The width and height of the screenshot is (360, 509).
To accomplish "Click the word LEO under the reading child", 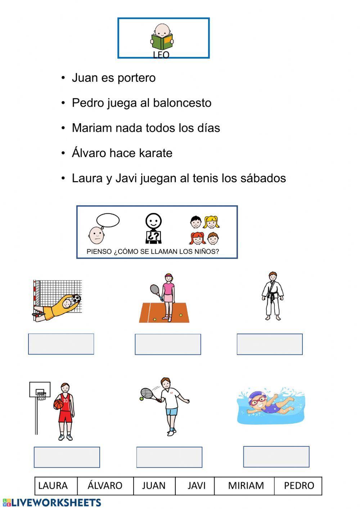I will click(x=161, y=55).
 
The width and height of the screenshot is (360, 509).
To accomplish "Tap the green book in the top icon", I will click(x=162, y=42).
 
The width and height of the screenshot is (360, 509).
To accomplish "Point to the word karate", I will click(x=155, y=153).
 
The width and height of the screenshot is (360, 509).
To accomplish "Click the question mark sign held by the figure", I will click(x=154, y=237).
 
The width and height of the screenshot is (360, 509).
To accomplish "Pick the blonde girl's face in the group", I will click(x=211, y=222).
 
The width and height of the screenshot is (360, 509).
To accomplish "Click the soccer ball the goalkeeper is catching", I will click(x=76, y=299).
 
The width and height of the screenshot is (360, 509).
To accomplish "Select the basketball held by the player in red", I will click(x=58, y=404).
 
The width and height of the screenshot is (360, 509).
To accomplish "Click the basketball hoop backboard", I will click(x=40, y=389).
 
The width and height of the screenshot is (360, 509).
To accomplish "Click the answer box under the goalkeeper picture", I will click(x=61, y=344).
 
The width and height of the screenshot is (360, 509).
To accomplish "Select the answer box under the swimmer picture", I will click(x=276, y=457).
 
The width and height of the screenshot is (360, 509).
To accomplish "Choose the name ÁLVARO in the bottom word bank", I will click(x=105, y=486).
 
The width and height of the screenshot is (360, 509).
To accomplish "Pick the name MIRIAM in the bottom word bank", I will click(x=246, y=486).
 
